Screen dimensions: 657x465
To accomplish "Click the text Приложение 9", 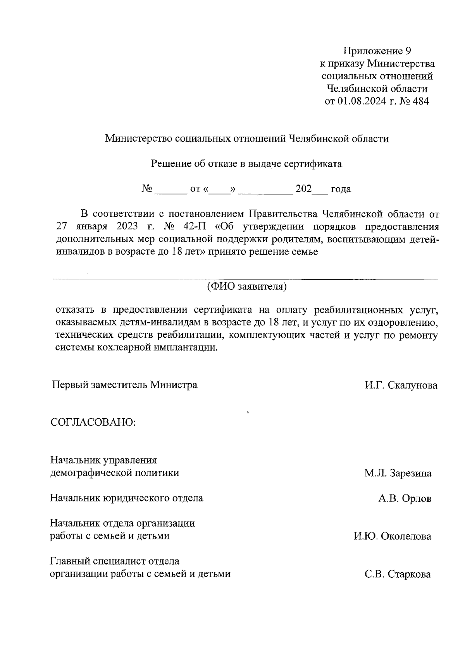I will pos(377,51).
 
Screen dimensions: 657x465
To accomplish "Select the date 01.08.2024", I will pos(361,101).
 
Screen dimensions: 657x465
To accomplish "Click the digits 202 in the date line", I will pos(304,189).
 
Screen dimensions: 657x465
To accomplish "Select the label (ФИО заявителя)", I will pos(246,287).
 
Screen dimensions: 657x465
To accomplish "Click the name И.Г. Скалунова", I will pos(401,385).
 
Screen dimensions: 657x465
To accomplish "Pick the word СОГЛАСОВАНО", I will pos(93,422).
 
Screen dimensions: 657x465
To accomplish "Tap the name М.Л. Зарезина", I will pos(398,473).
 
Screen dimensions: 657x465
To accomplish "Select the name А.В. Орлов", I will pos(405,498).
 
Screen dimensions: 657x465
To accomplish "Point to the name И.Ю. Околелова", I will pos(392,536).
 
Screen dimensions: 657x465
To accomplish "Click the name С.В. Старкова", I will pos(398,574).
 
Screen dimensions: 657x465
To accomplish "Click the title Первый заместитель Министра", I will pos(125,385).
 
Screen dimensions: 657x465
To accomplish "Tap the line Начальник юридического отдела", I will pos(127,498).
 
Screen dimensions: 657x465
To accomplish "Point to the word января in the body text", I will pos(93,227).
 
